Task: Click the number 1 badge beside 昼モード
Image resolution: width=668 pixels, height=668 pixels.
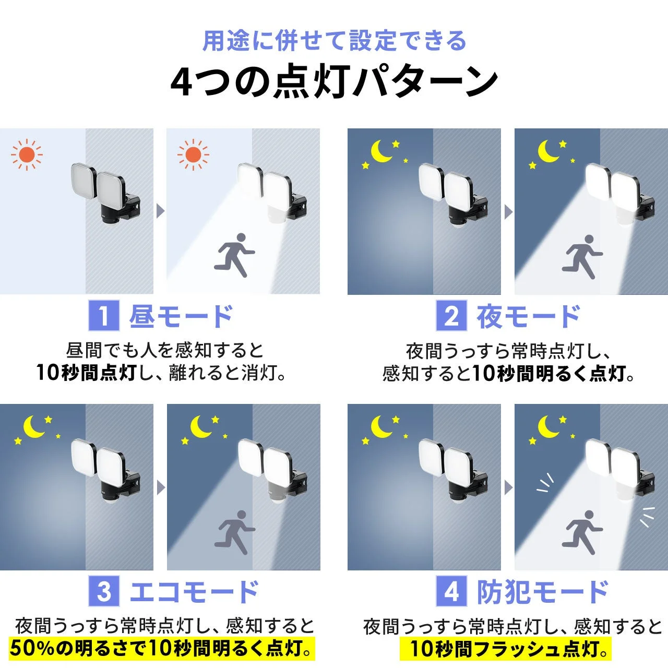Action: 104,316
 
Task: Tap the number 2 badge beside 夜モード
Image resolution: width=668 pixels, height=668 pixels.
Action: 451,316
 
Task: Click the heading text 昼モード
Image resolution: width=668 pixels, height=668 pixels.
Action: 181,316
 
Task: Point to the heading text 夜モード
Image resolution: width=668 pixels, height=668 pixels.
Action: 529,316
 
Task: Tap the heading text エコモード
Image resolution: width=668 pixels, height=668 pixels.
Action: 194,591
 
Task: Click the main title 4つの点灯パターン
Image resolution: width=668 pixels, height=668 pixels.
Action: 334,82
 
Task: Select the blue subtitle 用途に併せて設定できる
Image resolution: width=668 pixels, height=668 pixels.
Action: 334,41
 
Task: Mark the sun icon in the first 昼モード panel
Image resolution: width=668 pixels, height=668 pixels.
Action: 27,154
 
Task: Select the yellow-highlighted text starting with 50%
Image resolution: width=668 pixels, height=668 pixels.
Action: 162,649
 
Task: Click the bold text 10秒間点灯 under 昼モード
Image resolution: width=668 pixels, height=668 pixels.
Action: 86,373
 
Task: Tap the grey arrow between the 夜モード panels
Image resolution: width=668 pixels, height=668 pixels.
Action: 508,212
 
